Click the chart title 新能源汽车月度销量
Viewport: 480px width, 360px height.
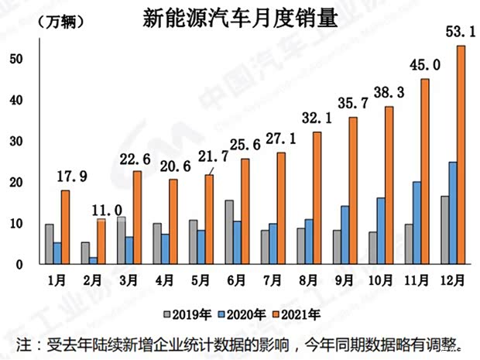(241, 19)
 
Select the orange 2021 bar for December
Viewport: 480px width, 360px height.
(462, 155)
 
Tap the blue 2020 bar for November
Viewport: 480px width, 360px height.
(417, 223)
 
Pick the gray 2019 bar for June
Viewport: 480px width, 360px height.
(229, 232)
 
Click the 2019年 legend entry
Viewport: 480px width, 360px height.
(183, 314)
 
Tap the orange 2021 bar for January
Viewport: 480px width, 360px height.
(65, 228)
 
